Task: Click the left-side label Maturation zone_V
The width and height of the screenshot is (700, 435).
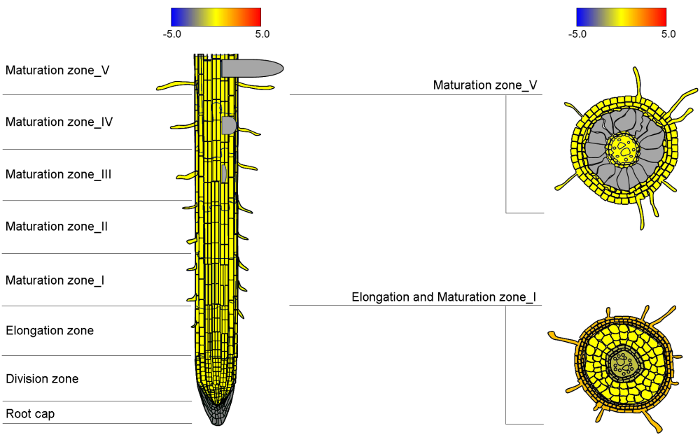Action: click(57, 70)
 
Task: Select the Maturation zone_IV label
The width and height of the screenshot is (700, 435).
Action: click(59, 122)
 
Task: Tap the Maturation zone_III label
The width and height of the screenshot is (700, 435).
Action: click(59, 174)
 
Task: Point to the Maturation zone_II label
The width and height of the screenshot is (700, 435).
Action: click(57, 227)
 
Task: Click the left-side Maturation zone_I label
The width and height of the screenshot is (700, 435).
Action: click(55, 280)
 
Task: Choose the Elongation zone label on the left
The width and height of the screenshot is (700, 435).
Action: click(50, 330)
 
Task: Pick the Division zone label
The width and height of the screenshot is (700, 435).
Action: click(42, 379)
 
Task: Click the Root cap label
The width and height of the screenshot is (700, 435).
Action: click(30, 414)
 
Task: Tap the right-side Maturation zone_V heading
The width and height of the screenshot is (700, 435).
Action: click(485, 85)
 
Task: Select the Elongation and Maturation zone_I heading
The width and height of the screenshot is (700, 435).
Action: click(444, 297)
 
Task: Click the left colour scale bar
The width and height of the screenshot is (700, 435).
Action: click(216, 17)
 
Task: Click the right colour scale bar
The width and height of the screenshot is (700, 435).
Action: click(621, 17)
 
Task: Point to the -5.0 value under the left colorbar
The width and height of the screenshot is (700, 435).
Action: click(172, 34)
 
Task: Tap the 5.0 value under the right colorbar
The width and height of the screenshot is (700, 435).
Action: click(668, 34)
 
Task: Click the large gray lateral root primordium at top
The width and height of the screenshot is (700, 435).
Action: click(252, 68)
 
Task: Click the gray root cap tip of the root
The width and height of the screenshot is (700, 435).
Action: click(217, 415)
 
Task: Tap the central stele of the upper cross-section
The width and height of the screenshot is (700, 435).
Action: click(623, 149)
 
